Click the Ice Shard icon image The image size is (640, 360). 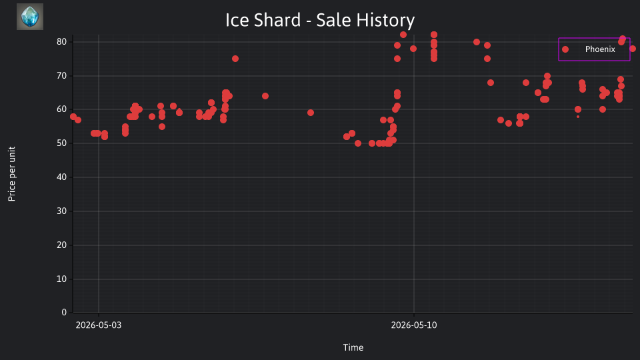[30, 17]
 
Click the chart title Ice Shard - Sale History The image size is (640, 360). [320, 20]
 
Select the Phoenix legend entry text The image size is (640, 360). [600, 49]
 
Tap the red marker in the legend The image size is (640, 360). [565, 49]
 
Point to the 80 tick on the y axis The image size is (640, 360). [61, 41]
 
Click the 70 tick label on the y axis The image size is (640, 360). [61, 75]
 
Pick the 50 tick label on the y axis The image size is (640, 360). [61, 143]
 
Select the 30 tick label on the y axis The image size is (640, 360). [61, 211]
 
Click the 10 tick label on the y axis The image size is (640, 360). [61, 279]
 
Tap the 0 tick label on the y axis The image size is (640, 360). [64, 312]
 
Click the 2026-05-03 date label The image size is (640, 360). [99, 325]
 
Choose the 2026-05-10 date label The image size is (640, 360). [414, 325]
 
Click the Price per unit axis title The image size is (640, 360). [12, 174]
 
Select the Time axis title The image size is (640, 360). [353, 347]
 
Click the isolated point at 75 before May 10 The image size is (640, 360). [235, 59]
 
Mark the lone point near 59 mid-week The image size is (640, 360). [311, 113]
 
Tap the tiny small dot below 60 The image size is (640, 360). [578, 117]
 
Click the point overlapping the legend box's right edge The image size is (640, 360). [632, 49]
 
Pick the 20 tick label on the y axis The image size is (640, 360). [61, 245]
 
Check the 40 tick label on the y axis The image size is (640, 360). [61, 177]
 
